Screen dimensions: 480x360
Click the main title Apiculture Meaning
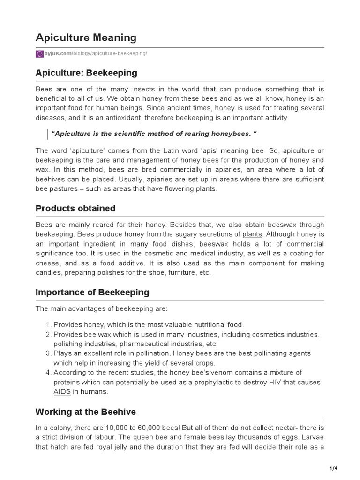click(x=86, y=37)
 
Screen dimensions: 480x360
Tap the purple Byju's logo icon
click(x=39, y=54)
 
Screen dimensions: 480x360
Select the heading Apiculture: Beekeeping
click(x=87, y=73)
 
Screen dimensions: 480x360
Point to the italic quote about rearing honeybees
click(x=155, y=135)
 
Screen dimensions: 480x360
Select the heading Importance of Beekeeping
click(x=92, y=292)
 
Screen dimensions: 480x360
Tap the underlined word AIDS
click(x=62, y=392)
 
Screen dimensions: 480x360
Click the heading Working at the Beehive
click(x=86, y=412)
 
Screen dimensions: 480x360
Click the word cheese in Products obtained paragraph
click(x=46, y=263)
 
